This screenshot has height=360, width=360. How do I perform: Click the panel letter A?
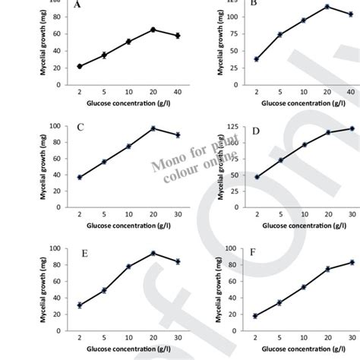pyautogui.click(x=77, y=5)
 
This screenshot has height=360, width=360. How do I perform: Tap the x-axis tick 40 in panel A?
pyautogui.click(x=177, y=92)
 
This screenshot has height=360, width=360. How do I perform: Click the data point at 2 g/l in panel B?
pyautogui.click(x=256, y=59)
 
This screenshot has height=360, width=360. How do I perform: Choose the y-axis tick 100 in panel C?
pyautogui.click(x=55, y=126)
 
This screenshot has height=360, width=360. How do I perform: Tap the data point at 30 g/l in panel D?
pyautogui.click(x=330, y=128)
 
